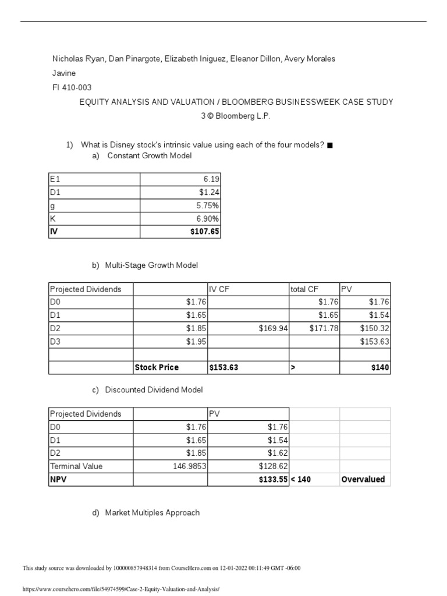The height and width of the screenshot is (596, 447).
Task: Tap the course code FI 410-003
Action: (72, 88)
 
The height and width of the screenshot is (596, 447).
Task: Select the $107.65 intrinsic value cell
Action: (205, 232)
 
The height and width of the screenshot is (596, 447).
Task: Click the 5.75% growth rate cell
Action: (208, 205)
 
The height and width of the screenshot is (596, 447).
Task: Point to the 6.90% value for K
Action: (208, 218)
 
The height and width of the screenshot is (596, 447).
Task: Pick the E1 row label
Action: (56, 179)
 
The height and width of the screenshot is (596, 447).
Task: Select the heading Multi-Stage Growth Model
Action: (151, 265)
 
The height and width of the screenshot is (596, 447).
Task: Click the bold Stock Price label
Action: (157, 367)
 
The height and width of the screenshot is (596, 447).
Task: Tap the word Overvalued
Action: (363, 479)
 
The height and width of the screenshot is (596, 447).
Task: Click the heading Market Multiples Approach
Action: (152, 513)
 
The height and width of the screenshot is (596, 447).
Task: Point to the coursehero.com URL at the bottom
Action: (121, 589)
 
